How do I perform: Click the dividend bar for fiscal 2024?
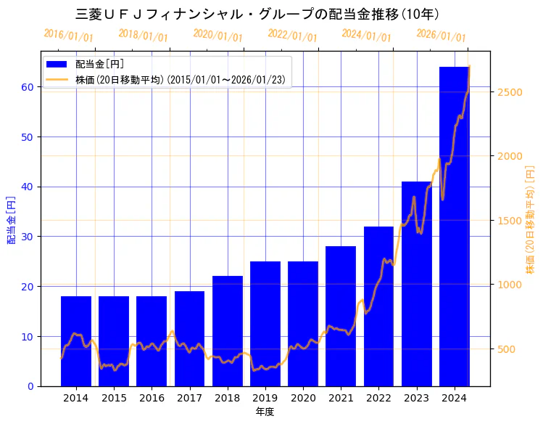point(454,226)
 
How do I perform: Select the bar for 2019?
point(265,323)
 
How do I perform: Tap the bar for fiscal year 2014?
point(75,341)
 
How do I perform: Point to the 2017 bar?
point(189,338)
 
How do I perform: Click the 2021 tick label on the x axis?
point(341,398)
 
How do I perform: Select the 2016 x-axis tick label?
point(152,398)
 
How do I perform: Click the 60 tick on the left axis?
point(28,87)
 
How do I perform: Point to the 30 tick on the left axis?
point(28,237)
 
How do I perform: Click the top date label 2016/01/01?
point(68,35)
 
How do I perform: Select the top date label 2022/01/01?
point(292,35)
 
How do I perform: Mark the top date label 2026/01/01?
point(441,35)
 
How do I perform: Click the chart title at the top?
point(257,14)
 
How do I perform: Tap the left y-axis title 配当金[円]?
point(12,220)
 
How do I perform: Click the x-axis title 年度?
point(265,412)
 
